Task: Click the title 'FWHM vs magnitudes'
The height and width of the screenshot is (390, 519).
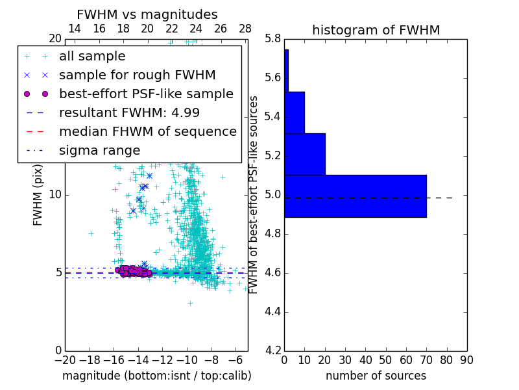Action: click(x=147, y=14)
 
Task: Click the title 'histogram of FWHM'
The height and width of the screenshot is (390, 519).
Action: click(x=376, y=30)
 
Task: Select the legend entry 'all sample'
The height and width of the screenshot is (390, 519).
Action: click(x=92, y=57)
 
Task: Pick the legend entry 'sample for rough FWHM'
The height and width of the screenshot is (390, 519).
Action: click(x=137, y=75)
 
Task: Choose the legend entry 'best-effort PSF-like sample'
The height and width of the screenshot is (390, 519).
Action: click(x=146, y=94)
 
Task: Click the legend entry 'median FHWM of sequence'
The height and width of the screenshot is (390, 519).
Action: click(x=147, y=131)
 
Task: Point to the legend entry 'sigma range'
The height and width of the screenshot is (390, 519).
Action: click(x=99, y=150)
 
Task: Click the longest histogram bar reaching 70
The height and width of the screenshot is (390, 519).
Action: click(x=355, y=196)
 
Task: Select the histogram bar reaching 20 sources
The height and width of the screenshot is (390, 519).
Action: click(x=304, y=154)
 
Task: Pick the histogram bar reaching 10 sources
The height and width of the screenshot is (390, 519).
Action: click(x=295, y=112)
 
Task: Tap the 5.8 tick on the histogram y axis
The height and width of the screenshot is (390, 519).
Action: click(x=272, y=39)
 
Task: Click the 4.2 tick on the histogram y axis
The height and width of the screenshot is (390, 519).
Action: click(x=272, y=350)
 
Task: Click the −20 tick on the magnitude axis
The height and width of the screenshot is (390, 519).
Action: click(x=65, y=360)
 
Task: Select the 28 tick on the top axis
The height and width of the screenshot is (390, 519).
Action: click(x=245, y=29)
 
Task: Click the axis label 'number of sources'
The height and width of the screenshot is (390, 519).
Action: click(x=376, y=376)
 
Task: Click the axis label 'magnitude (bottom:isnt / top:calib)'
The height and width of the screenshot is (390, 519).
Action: click(x=156, y=376)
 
